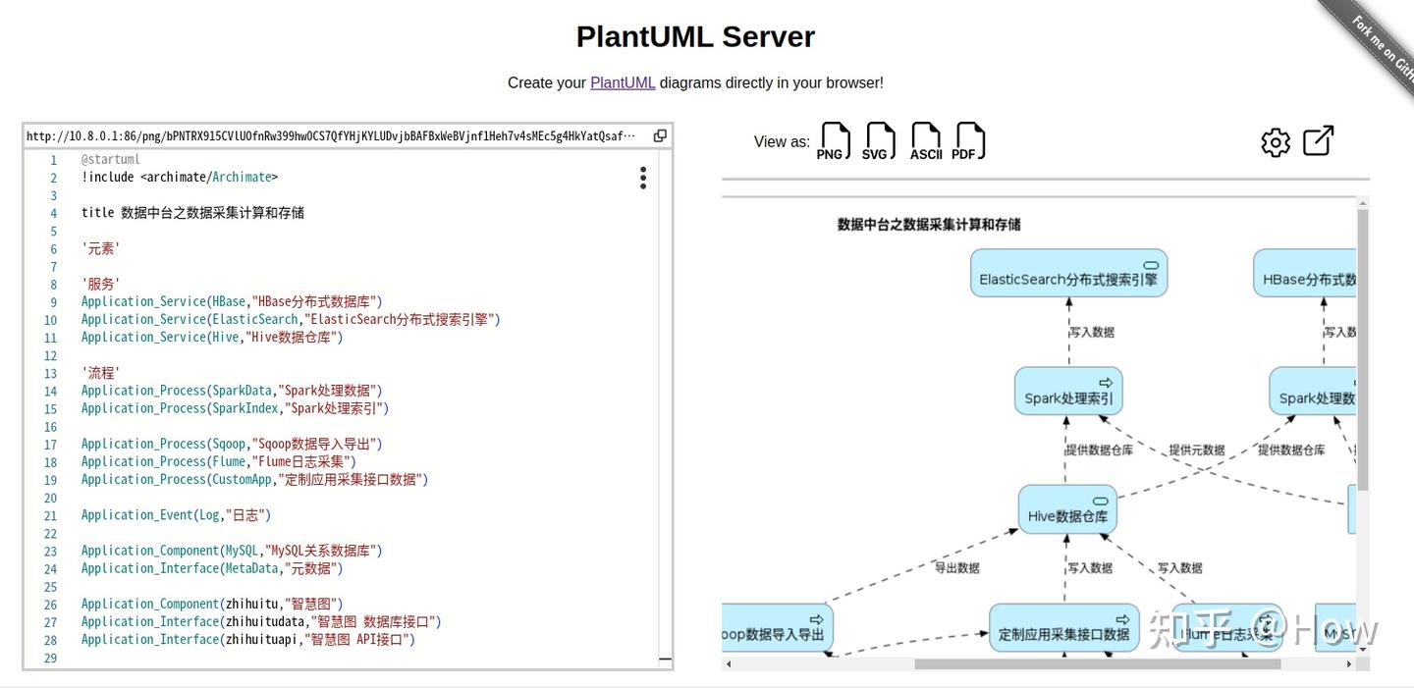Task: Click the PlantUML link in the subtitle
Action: (622, 82)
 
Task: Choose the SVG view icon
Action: (879, 141)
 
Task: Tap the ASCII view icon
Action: (925, 141)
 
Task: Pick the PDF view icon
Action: (969, 141)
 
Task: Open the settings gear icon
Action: (1276, 142)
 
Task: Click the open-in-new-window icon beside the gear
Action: (1318, 140)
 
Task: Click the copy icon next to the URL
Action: (660, 135)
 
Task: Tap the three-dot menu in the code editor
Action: (642, 178)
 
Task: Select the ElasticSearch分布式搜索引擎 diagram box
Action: (1068, 274)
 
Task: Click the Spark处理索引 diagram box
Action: (1068, 392)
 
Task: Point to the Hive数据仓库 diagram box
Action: (1067, 510)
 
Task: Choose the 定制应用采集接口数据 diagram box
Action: (1063, 629)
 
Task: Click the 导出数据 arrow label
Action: (955, 567)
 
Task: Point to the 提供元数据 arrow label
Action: (1196, 450)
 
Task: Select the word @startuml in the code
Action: (111, 159)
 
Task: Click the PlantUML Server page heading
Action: (695, 36)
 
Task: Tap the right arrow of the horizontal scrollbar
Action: (1348, 664)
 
